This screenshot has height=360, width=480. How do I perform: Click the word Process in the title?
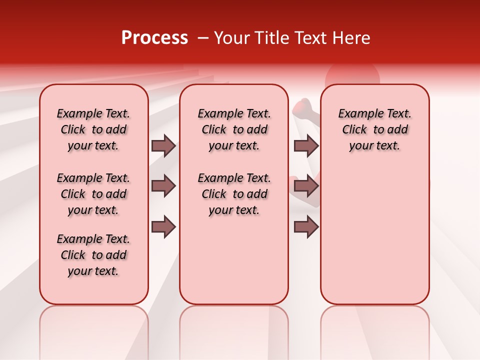point(154,38)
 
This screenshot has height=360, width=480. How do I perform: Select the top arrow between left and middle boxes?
point(163,146)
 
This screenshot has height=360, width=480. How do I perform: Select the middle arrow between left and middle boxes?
point(163,186)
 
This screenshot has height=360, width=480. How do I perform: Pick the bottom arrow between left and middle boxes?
point(163,227)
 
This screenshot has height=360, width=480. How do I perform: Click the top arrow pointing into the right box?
point(306,146)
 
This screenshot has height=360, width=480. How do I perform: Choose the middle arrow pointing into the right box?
point(306,186)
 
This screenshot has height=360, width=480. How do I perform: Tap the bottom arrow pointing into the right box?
point(306,227)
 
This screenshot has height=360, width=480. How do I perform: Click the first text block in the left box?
point(93,129)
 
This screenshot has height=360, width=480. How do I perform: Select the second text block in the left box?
point(93,194)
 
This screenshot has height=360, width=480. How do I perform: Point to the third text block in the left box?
point(93,255)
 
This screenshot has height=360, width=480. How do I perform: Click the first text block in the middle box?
point(234,129)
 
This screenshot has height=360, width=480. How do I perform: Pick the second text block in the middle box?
point(234,194)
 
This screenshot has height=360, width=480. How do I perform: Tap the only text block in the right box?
point(374,129)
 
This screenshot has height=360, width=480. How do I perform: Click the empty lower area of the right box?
point(374,235)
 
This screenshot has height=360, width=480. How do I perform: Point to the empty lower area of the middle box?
point(234,260)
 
